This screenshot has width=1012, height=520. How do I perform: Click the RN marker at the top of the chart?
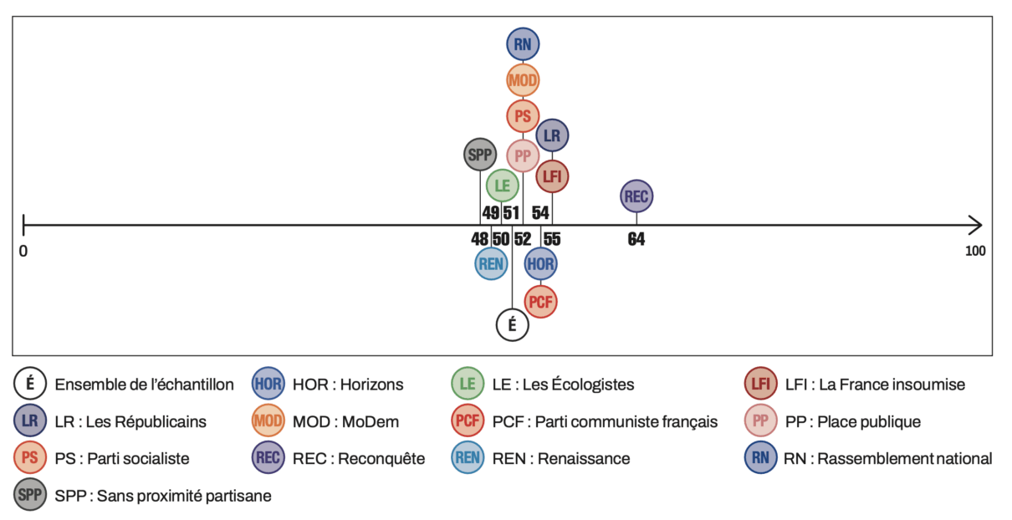point(523,44)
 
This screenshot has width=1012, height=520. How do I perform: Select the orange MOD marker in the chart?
point(523,80)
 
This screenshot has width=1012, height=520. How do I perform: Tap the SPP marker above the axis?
point(480,154)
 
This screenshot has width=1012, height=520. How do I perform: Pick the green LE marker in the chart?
point(503,186)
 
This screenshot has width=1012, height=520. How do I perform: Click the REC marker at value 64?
point(636,196)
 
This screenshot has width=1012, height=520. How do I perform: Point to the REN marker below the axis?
point(491,264)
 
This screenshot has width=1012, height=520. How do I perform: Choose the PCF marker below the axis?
point(541,301)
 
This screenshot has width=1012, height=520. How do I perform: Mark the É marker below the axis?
point(512,325)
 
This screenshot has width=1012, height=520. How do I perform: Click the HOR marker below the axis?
point(540,264)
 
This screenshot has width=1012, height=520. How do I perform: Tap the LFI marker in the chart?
point(552,176)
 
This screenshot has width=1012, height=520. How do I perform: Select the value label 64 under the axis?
point(636,239)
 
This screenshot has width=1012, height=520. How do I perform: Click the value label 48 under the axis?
point(479,239)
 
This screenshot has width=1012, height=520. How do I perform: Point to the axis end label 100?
point(974,251)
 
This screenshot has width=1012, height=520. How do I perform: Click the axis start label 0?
point(23,251)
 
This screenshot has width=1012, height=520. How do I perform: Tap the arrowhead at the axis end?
point(975,225)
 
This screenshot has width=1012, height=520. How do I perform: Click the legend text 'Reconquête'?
point(382,458)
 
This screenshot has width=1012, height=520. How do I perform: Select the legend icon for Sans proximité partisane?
point(29,495)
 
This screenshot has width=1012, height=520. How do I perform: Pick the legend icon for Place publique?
point(760,421)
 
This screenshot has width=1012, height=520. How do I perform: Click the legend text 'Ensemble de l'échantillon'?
point(145,385)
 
